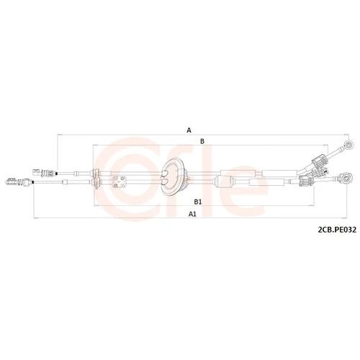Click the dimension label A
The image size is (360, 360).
point(189,130)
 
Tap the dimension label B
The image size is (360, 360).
point(202,141)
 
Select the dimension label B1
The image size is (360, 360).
point(198,202)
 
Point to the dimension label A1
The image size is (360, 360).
point(192,214)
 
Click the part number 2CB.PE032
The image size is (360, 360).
point(337,230)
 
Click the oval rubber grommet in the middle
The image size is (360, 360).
point(173,177)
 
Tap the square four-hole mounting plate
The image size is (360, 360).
point(120,181)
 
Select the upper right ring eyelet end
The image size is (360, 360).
point(348,145)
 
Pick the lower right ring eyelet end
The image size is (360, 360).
point(346,179)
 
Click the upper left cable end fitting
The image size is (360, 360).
point(45,172)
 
